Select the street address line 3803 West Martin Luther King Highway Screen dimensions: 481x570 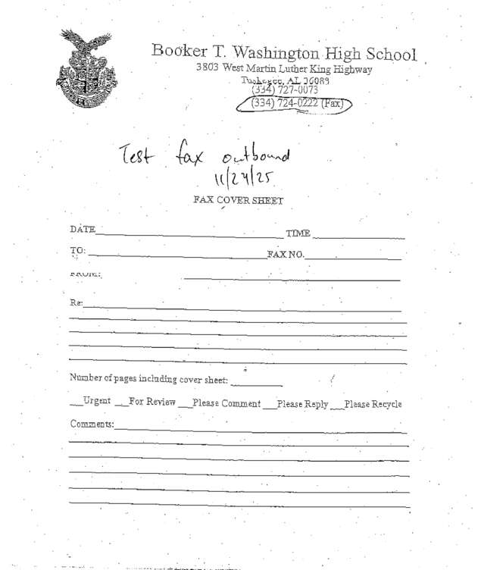[283, 70]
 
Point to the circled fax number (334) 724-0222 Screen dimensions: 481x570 [296, 104]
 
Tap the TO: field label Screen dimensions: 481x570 [78, 250]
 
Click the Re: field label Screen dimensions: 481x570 [76, 302]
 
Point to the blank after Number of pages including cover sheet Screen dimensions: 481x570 [257, 382]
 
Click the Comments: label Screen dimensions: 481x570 [92, 424]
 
